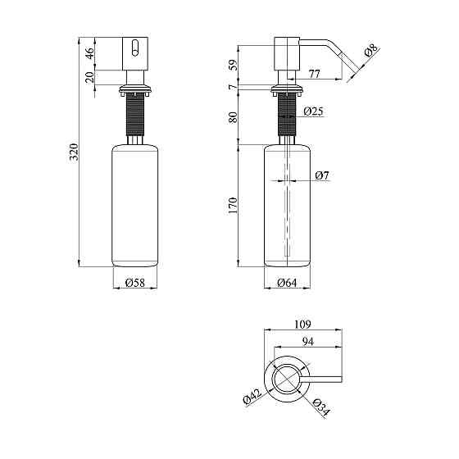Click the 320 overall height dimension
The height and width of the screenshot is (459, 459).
point(73,152)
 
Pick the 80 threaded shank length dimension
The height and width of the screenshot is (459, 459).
point(233,116)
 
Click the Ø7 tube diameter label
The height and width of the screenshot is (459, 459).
point(321,175)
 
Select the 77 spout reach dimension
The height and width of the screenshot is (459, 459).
point(315,75)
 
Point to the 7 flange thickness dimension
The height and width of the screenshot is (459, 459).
point(233,87)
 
